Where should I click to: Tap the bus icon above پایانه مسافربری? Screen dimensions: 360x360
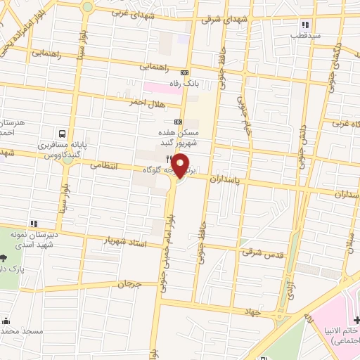tap(63, 134)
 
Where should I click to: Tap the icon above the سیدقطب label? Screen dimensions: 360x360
tap(304, 25)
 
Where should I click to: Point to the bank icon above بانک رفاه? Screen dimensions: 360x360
tap(185, 72)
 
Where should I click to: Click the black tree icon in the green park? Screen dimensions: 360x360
tap(6, 259)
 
